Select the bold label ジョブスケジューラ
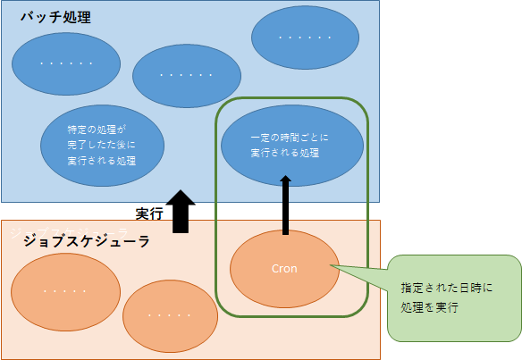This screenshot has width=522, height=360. pos(86,241)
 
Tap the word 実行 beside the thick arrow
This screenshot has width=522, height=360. pos(149,214)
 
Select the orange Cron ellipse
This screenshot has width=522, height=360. pos(284,268)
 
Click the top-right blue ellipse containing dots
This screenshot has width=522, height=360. pos(305,38)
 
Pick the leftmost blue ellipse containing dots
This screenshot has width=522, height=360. pos(67,63)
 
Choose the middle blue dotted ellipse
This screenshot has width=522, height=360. pos(187,75)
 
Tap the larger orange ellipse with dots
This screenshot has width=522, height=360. pos(65,291)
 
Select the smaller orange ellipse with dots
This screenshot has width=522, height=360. pos(171,315)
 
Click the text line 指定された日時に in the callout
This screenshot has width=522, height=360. pos(447,289)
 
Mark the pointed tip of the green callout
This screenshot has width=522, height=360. pos(330,264)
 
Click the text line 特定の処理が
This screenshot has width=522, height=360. pos(98,128)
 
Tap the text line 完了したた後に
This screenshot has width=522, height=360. pos(102,144)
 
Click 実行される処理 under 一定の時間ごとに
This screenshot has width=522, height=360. pos(285,153)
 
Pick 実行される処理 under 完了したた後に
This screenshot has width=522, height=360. pos(102,160)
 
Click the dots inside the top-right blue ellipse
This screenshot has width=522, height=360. pos(305,38)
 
